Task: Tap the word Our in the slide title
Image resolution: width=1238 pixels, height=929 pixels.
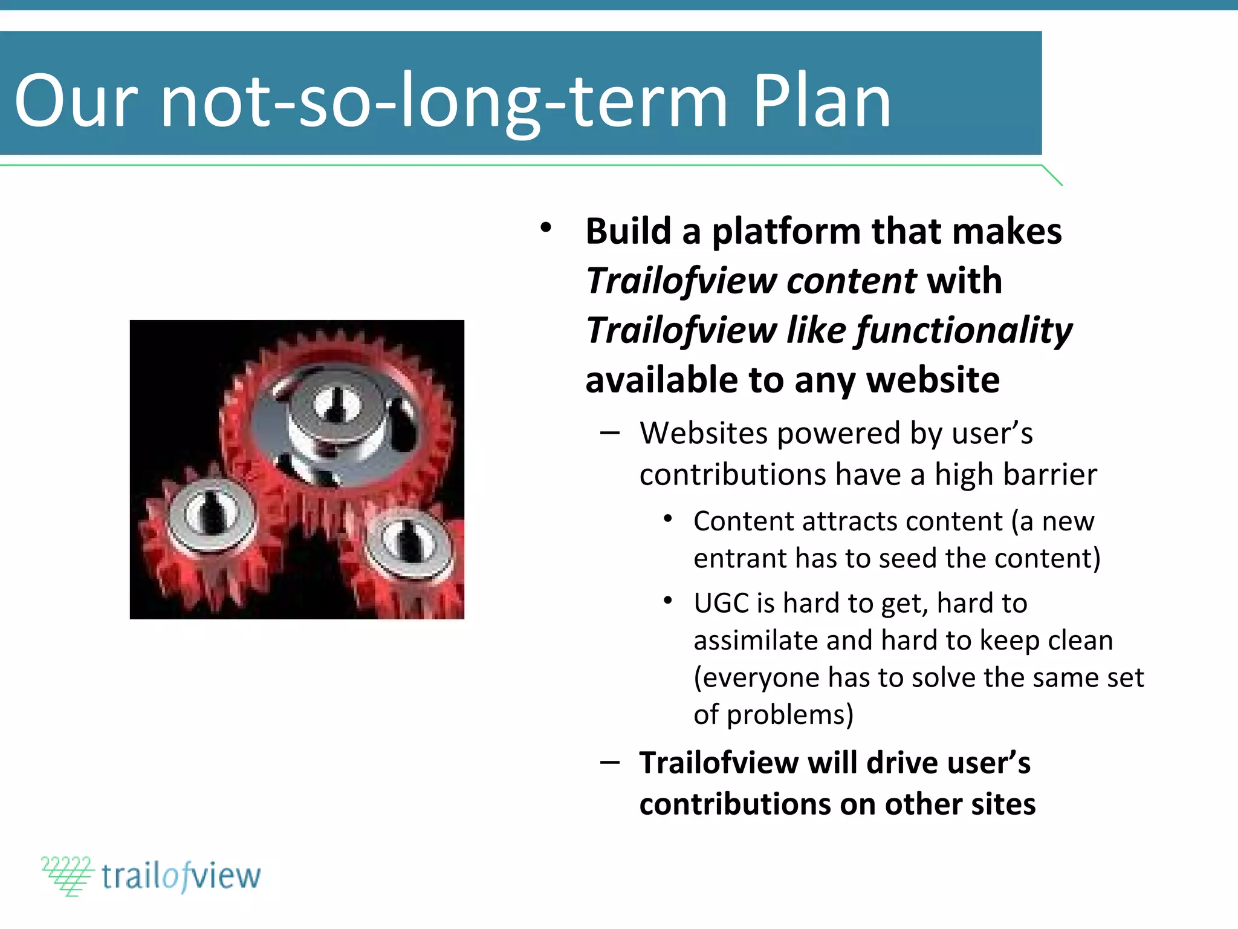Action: coord(76,102)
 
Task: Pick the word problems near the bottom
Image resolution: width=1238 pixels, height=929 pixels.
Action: coord(789,715)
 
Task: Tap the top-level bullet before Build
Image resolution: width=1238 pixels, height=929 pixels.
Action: coord(546,229)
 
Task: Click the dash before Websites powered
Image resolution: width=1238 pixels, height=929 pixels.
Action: coord(609,433)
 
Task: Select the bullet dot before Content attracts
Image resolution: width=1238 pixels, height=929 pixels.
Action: coord(667,519)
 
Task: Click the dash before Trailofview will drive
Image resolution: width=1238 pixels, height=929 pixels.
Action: coord(609,763)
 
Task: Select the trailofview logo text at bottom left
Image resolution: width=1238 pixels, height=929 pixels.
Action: coord(181,876)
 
